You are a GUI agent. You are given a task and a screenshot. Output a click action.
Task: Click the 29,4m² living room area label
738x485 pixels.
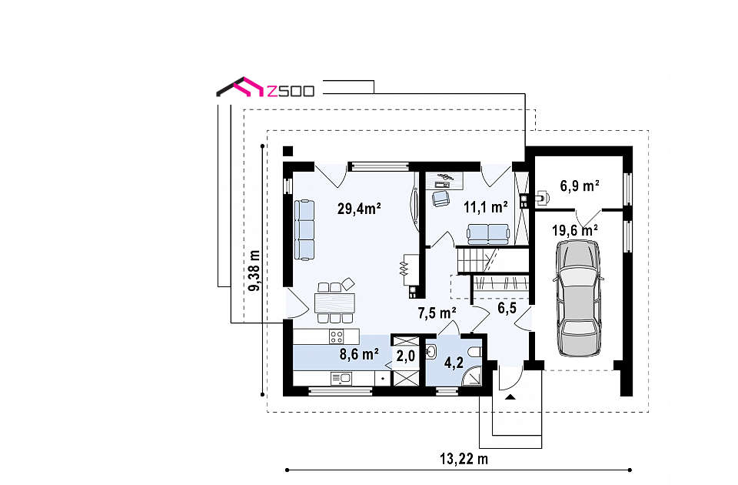pyautogui.click(x=359, y=209)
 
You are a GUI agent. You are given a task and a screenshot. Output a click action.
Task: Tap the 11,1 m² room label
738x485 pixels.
pyautogui.click(x=485, y=207)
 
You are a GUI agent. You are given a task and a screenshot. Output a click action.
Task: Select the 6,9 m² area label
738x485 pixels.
pyautogui.click(x=580, y=186)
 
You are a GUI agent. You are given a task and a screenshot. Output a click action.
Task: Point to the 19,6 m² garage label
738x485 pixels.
pyautogui.click(x=575, y=230)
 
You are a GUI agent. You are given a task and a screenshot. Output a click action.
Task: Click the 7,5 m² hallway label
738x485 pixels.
pyautogui.click(x=437, y=313)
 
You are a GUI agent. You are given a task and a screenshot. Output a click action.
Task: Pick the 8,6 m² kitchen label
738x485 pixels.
pyautogui.click(x=359, y=354)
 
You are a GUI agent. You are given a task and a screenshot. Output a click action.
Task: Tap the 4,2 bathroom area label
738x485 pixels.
pyautogui.click(x=454, y=363)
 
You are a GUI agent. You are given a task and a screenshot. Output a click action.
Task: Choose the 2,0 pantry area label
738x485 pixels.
pyautogui.click(x=405, y=356)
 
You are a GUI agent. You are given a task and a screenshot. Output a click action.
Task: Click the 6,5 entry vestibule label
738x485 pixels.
pyautogui.click(x=507, y=308)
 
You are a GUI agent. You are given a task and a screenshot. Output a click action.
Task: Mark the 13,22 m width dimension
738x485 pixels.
pyautogui.click(x=464, y=459)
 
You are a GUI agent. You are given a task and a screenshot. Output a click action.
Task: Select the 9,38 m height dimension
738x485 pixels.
pyautogui.click(x=254, y=270)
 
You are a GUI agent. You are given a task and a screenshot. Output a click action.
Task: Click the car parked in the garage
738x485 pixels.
pyautogui.click(x=578, y=298)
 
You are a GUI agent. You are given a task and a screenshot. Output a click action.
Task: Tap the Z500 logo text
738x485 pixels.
pyautogui.click(x=290, y=91)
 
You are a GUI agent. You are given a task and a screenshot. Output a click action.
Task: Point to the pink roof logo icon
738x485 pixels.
pyautogui.click(x=248, y=86)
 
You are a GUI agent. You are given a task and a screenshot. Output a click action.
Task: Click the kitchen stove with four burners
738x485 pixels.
pyautogui.click(x=337, y=336)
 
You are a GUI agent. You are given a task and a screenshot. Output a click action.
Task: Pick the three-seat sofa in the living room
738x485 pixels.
pyautogui.click(x=304, y=229)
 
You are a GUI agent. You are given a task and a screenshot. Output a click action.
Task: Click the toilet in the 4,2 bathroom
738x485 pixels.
pyautogui.click(x=474, y=352)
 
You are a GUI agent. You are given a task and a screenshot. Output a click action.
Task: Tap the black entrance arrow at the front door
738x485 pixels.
pyautogui.click(x=510, y=397)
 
